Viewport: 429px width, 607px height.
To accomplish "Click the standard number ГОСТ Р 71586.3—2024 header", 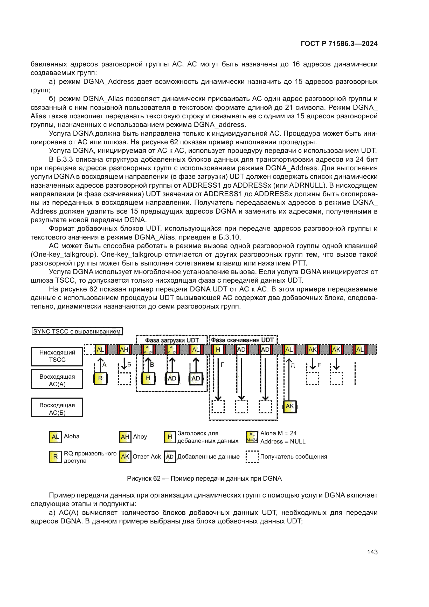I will [339, 44].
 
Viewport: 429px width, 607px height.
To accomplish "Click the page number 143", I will [372, 552].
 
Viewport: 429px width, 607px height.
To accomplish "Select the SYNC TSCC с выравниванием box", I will [77, 331].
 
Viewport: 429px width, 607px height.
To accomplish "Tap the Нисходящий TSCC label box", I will [57, 356].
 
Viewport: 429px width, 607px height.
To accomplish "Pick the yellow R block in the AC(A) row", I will [100, 378].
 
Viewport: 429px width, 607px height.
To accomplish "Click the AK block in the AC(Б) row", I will [289, 406].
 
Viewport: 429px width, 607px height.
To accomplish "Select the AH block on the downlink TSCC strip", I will [124, 350].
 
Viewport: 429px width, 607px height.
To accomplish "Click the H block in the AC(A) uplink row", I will [148, 378].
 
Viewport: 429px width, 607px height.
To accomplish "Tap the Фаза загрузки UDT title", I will [172, 340].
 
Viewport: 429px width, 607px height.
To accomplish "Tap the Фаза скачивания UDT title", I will [242, 340].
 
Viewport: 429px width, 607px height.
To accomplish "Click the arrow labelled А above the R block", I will [100, 365].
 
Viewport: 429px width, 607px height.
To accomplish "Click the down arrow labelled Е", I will [313, 364].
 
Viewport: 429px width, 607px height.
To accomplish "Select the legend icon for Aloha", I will [55, 437].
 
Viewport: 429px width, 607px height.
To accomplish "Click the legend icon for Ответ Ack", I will [125, 456].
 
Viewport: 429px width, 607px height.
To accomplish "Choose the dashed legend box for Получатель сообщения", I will [252, 456].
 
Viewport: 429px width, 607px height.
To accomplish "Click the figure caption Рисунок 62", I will [204, 479].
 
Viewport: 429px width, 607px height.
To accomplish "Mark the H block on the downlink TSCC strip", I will [218, 350].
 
